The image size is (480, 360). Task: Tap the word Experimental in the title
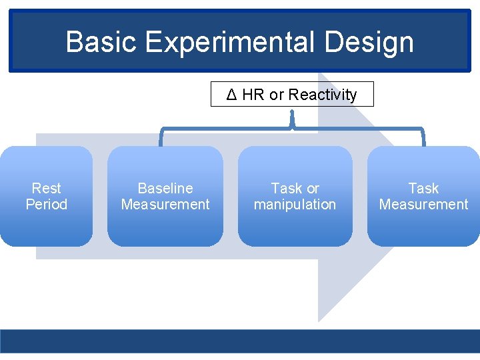(228, 42)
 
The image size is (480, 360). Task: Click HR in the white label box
(253, 95)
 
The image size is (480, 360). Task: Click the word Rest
(46, 189)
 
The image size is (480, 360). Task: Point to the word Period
(46, 204)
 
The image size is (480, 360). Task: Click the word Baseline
(165, 189)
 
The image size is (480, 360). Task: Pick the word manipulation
(295, 204)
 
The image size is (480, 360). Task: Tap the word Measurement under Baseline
(165, 204)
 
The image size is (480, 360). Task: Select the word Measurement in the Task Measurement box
(423, 204)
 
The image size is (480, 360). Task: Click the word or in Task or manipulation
(312, 189)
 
